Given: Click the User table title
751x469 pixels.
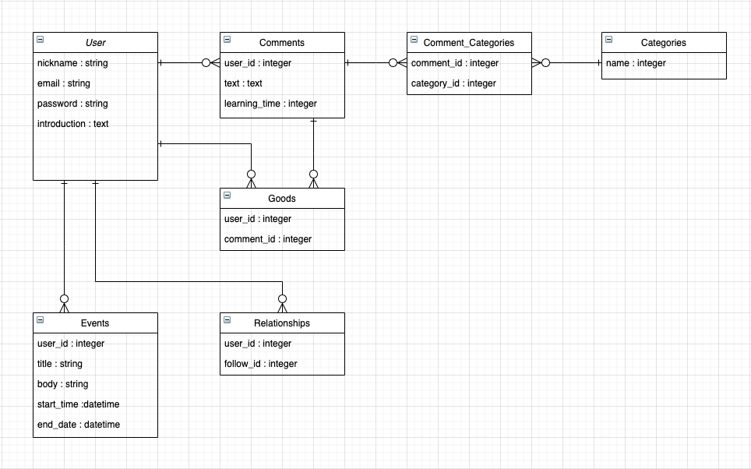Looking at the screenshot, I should click(x=95, y=42).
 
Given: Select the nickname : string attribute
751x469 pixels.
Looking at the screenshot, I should click(x=72, y=63).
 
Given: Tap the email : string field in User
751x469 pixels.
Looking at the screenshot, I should click(x=64, y=83).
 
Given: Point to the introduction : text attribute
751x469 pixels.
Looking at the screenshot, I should click(x=73, y=124).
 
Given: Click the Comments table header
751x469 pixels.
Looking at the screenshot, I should click(x=282, y=42).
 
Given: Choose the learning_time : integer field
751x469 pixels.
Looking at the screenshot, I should click(x=270, y=104).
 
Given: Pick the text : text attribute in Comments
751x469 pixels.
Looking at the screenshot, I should click(x=243, y=83).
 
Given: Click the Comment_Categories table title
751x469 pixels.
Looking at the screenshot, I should click(x=469, y=42).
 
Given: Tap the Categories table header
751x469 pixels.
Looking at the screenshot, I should click(x=664, y=42).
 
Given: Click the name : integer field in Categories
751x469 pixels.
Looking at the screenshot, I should click(x=636, y=63).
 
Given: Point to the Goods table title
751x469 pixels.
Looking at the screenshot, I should click(x=282, y=198).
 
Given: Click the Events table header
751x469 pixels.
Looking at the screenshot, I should click(x=95, y=323).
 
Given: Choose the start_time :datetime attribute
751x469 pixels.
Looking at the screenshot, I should click(x=78, y=404).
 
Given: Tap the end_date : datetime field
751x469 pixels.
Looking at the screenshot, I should click(x=78, y=425).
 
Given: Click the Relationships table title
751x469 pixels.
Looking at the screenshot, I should click(x=282, y=323).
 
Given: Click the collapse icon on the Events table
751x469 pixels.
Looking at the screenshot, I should click(x=41, y=320).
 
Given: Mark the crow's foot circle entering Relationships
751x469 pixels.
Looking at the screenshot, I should click(x=282, y=298).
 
